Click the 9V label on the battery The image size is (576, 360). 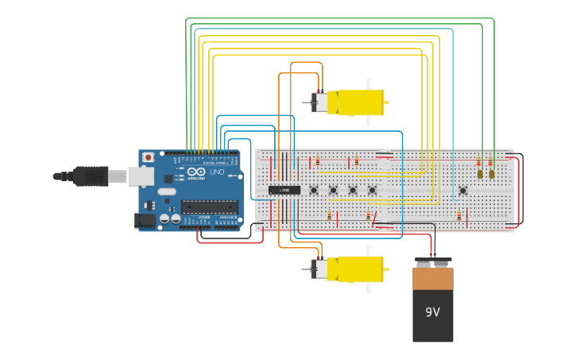[432, 312]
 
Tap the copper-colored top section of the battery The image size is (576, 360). [433, 279]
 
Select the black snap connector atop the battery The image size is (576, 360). [433, 261]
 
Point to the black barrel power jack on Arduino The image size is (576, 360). [145, 220]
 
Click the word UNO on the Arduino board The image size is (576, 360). [216, 172]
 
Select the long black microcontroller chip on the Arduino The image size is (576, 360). [209, 207]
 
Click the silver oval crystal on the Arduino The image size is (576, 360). [166, 192]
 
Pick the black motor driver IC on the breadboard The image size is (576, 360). [284, 190]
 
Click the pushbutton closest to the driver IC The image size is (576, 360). [314, 190]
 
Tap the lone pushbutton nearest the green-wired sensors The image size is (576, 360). [462, 190]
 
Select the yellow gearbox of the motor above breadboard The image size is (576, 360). [360, 103]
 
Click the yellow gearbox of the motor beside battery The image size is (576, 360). [360, 269]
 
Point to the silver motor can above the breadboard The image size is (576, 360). [319, 103]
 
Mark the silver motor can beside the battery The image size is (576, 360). [319, 269]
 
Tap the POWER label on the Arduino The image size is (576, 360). [204, 216]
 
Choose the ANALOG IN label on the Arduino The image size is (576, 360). [227, 216]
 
